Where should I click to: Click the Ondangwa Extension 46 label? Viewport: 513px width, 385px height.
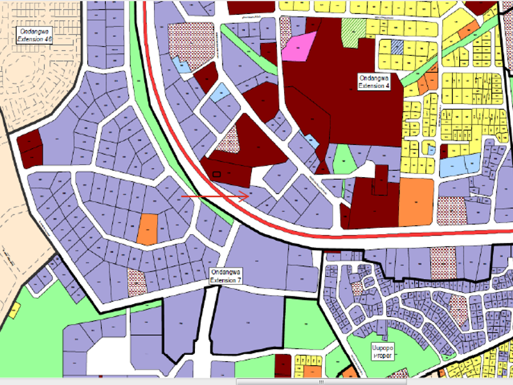[35, 35]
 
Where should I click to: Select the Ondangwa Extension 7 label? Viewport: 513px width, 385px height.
[226, 276]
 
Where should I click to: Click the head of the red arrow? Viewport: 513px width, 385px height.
[248, 196]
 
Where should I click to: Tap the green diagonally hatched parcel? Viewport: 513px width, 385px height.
[352, 32]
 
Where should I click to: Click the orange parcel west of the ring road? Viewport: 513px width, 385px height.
[147, 228]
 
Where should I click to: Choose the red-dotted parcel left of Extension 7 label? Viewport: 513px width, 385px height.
[137, 280]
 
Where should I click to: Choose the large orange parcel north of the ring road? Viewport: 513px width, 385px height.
[416, 201]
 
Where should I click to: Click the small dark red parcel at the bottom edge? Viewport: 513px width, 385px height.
[282, 366]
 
